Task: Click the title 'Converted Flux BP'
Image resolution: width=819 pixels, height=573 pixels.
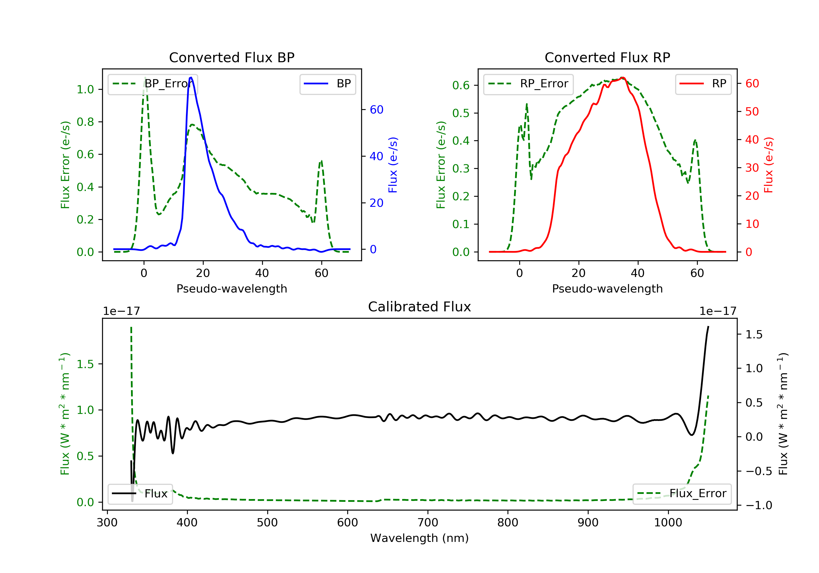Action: pos(232,57)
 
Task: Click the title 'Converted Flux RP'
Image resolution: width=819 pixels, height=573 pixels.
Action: pos(607,57)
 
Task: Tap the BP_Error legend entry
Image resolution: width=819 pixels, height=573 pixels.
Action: pos(153,84)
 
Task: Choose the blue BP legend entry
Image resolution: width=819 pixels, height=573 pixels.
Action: pos(327,84)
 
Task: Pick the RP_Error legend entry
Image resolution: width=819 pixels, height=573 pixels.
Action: pos(528,84)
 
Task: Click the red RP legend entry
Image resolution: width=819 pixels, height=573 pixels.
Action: pos(703,84)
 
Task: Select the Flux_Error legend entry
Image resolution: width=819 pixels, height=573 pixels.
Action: pos(682,494)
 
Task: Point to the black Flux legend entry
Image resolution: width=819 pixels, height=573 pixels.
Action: pos(140,494)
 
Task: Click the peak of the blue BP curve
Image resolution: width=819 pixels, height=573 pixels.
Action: pos(191,77)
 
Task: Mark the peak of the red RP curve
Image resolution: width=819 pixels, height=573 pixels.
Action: pos(622,78)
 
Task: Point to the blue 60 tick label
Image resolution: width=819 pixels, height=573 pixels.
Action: pos(376,109)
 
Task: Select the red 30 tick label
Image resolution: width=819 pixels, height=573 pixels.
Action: pos(752,168)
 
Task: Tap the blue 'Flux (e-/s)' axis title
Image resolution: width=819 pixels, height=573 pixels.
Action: pos(393,165)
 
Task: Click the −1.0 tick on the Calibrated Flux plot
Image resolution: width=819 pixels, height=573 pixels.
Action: pos(759,505)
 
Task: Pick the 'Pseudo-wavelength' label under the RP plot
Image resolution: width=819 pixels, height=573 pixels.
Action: pos(607,288)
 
